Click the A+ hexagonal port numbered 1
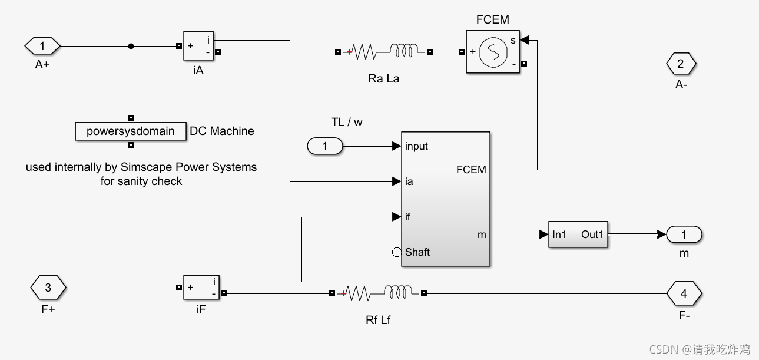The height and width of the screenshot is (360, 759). (42, 45)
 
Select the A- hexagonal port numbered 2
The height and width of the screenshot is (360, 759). (681, 64)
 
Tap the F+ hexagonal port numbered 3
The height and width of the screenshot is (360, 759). (48, 288)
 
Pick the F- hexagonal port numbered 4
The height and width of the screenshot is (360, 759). (684, 293)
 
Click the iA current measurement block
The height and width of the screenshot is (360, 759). (198, 46)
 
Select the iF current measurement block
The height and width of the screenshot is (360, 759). (201, 288)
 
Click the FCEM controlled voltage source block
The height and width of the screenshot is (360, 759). (493, 52)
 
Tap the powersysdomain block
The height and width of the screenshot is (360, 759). (130, 131)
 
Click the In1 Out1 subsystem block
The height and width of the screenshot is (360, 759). (578, 235)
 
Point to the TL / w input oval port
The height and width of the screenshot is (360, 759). (325, 146)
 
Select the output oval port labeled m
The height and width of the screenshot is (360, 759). (684, 235)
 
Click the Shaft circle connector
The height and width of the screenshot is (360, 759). (397, 252)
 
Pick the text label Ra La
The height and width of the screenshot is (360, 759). (384, 78)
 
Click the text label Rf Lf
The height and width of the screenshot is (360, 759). (378, 320)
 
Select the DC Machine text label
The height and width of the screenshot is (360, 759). (222, 131)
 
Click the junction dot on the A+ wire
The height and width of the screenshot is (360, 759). (131, 46)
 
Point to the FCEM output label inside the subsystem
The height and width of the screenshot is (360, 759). (471, 170)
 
